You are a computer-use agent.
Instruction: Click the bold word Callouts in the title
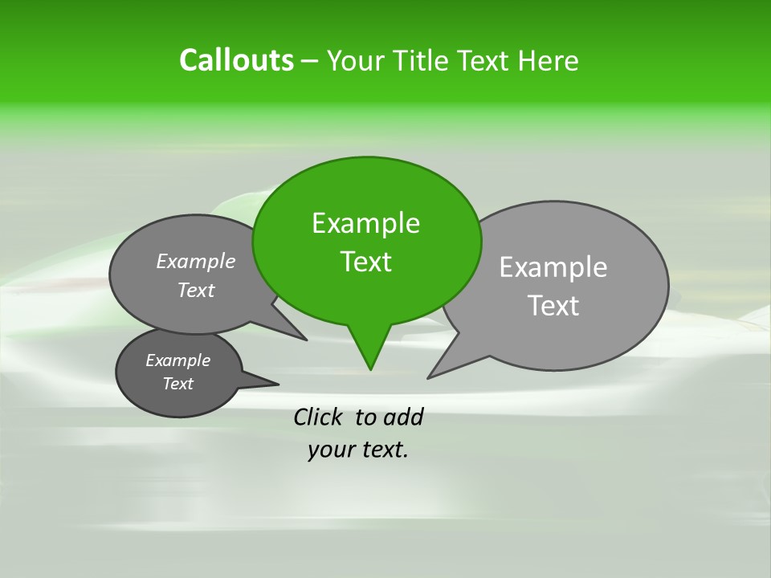tap(236, 60)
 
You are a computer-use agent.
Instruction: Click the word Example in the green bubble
tap(365, 222)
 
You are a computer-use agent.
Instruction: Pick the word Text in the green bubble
tap(365, 261)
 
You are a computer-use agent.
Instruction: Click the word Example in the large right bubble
tap(553, 267)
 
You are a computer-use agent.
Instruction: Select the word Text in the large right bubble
tap(553, 305)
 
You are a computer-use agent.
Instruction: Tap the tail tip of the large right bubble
tap(429, 377)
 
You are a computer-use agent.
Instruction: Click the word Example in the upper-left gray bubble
tap(196, 261)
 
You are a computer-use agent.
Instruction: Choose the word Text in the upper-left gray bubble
tap(196, 290)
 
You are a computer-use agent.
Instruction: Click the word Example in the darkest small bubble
tap(177, 360)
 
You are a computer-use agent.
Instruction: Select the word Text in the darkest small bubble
tap(177, 384)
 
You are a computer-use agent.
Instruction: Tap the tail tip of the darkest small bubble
tap(278, 383)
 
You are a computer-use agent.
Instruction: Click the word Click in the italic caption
tap(319, 417)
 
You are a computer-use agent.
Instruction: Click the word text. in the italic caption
tap(382, 450)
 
